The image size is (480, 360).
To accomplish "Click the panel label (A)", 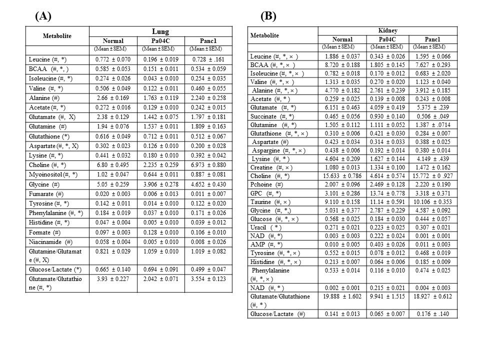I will coord(43,15).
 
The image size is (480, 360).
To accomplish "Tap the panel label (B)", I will coord(268,15).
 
